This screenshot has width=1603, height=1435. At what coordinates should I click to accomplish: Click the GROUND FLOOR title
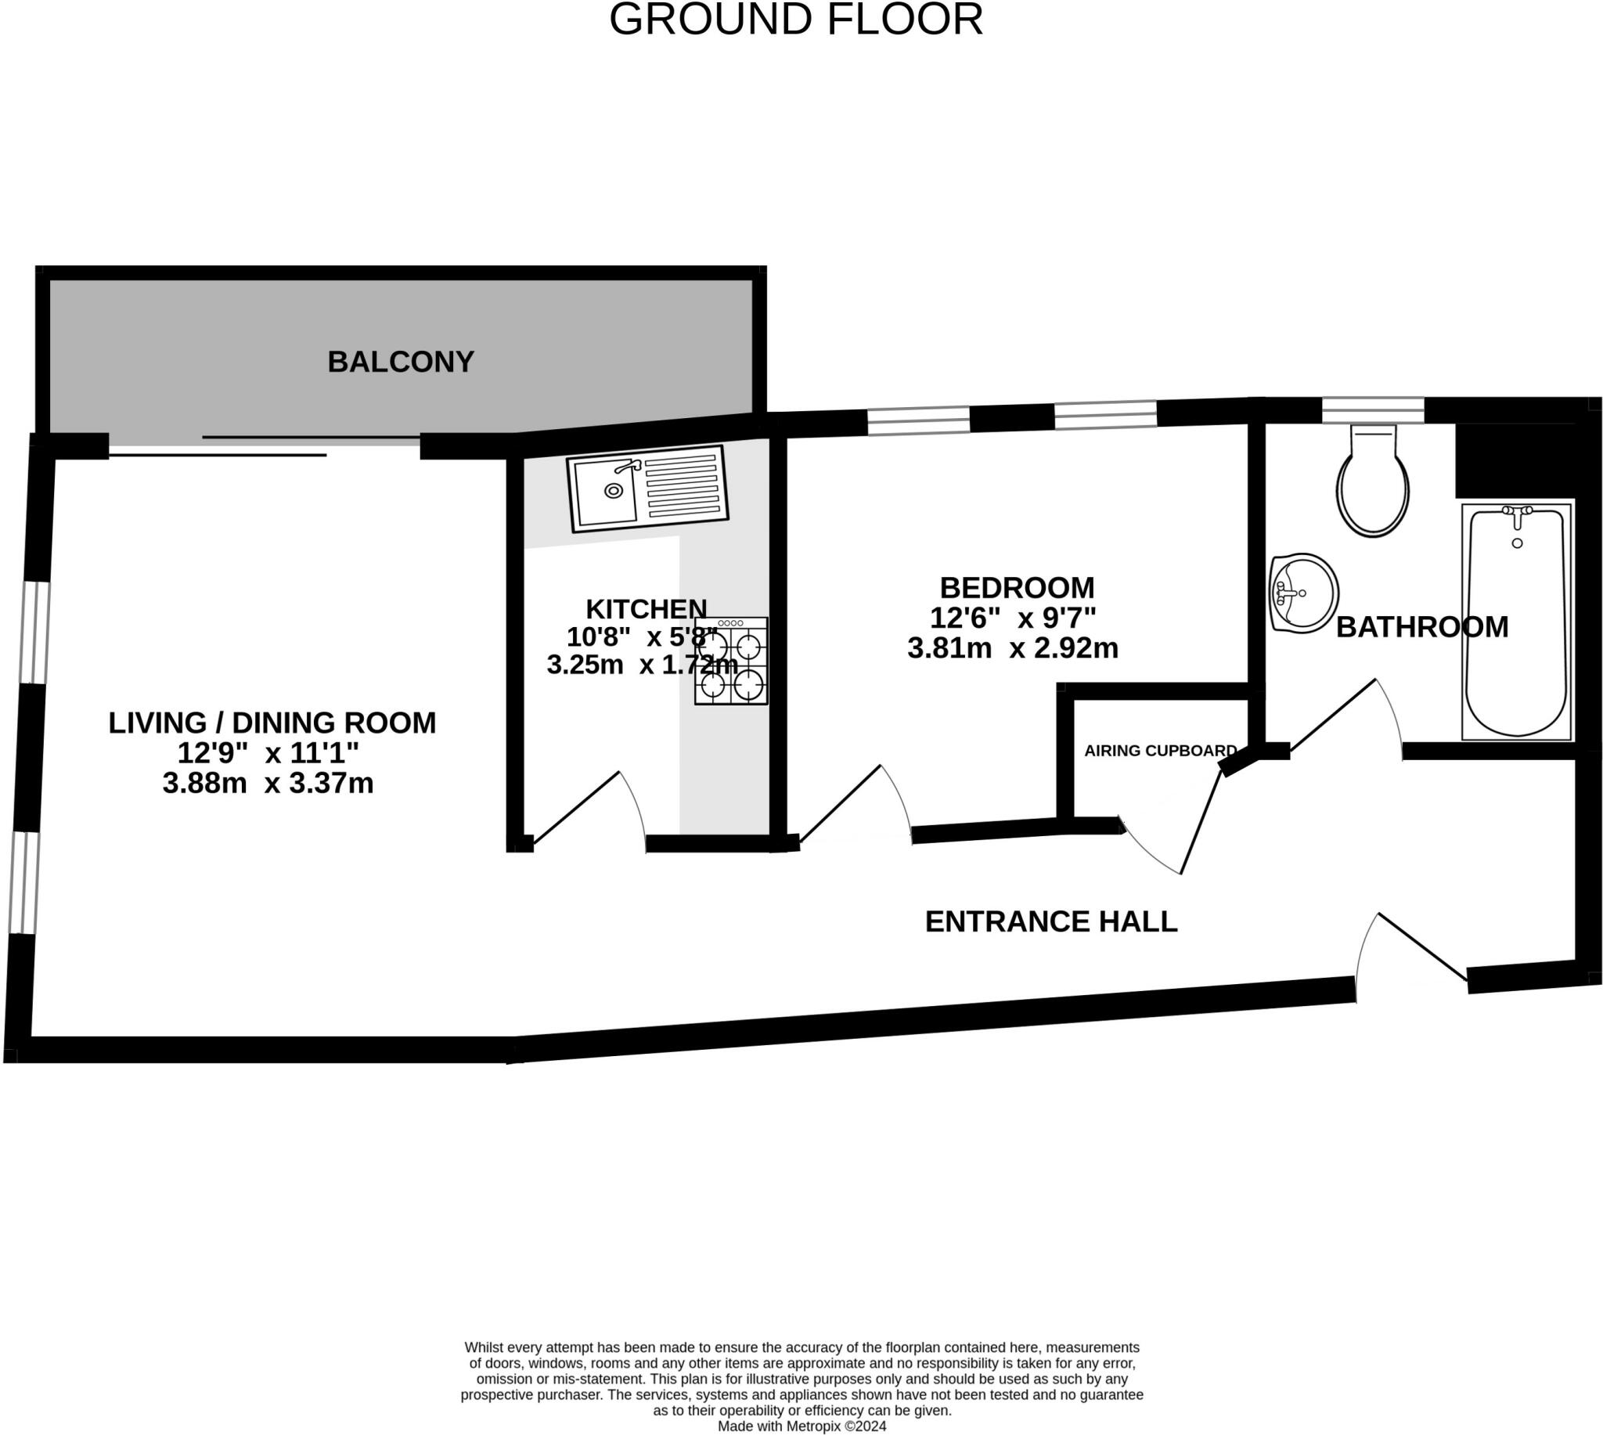[796, 20]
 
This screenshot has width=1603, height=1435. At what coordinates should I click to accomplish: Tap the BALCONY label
[400, 362]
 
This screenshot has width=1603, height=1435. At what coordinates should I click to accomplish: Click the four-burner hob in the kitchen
[730, 661]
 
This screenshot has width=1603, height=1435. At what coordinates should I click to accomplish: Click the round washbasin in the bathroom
[1303, 593]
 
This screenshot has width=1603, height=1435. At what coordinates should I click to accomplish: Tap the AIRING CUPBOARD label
[1160, 751]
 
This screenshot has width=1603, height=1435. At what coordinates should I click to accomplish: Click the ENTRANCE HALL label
[1050, 921]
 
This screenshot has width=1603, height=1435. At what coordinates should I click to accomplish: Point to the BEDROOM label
[1017, 587]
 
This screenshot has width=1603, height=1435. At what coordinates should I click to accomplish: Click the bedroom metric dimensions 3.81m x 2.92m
[1012, 648]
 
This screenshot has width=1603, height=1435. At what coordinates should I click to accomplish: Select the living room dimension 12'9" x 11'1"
[268, 753]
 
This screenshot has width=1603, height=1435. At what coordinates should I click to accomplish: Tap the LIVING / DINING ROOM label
[272, 723]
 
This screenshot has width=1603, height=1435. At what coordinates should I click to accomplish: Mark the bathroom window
[1372, 410]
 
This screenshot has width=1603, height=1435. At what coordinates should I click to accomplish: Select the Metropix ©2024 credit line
[801, 1426]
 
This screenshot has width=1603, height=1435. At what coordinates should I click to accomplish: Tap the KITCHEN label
[647, 609]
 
